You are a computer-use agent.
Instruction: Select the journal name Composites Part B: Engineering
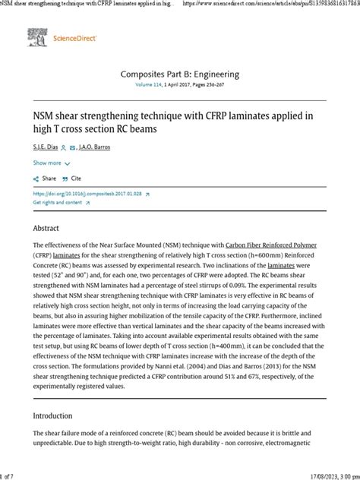pos(180,74)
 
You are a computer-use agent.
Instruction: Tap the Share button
pos(46,178)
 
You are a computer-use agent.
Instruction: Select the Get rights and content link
pos(58,204)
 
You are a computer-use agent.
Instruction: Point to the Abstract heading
pos(46,227)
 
